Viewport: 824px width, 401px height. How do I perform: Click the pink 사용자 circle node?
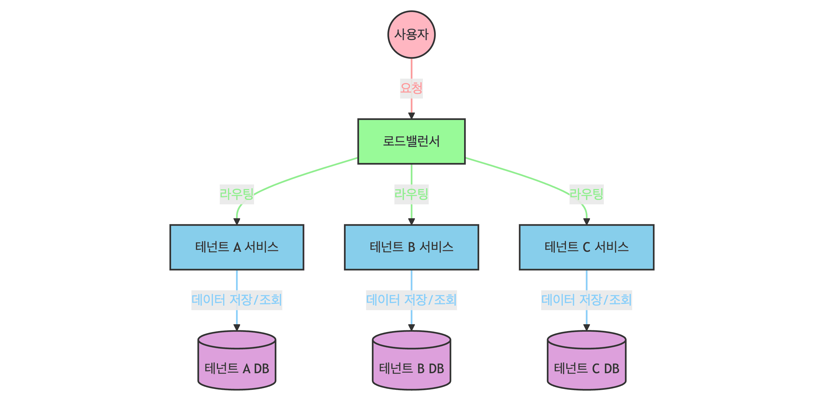pos(411,35)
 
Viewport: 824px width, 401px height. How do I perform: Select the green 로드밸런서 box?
pos(411,141)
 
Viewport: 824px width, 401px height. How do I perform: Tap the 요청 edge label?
pos(411,89)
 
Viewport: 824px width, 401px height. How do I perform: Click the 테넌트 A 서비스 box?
pos(237,247)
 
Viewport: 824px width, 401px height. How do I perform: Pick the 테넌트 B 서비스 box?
pos(411,247)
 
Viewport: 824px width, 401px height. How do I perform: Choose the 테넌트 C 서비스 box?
pos(586,247)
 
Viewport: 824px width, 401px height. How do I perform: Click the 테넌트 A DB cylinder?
pos(237,362)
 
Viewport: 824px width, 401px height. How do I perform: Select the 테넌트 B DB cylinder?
pos(411,362)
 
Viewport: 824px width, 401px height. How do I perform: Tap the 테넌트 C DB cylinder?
pos(586,362)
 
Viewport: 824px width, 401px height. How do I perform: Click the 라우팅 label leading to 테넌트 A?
pos(237,194)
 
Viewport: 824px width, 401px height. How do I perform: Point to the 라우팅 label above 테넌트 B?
pos(411,194)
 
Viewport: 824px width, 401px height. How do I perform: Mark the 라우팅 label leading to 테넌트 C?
pos(586,194)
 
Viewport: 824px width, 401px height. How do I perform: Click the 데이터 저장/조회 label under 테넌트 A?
pos(237,300)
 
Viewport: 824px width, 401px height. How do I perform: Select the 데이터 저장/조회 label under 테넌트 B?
pos(411,300)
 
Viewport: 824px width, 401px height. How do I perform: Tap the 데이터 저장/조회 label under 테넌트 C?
pos(586,300)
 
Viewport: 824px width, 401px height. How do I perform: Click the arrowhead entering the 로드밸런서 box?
pos(411,116)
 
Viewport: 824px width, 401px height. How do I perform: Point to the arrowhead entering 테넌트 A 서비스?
pos(237,221)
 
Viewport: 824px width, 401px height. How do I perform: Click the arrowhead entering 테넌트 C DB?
pos(586,327)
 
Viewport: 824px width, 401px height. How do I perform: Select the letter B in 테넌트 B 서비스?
pos(411,247)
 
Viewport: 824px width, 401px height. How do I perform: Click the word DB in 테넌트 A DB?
pos(261,369)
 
